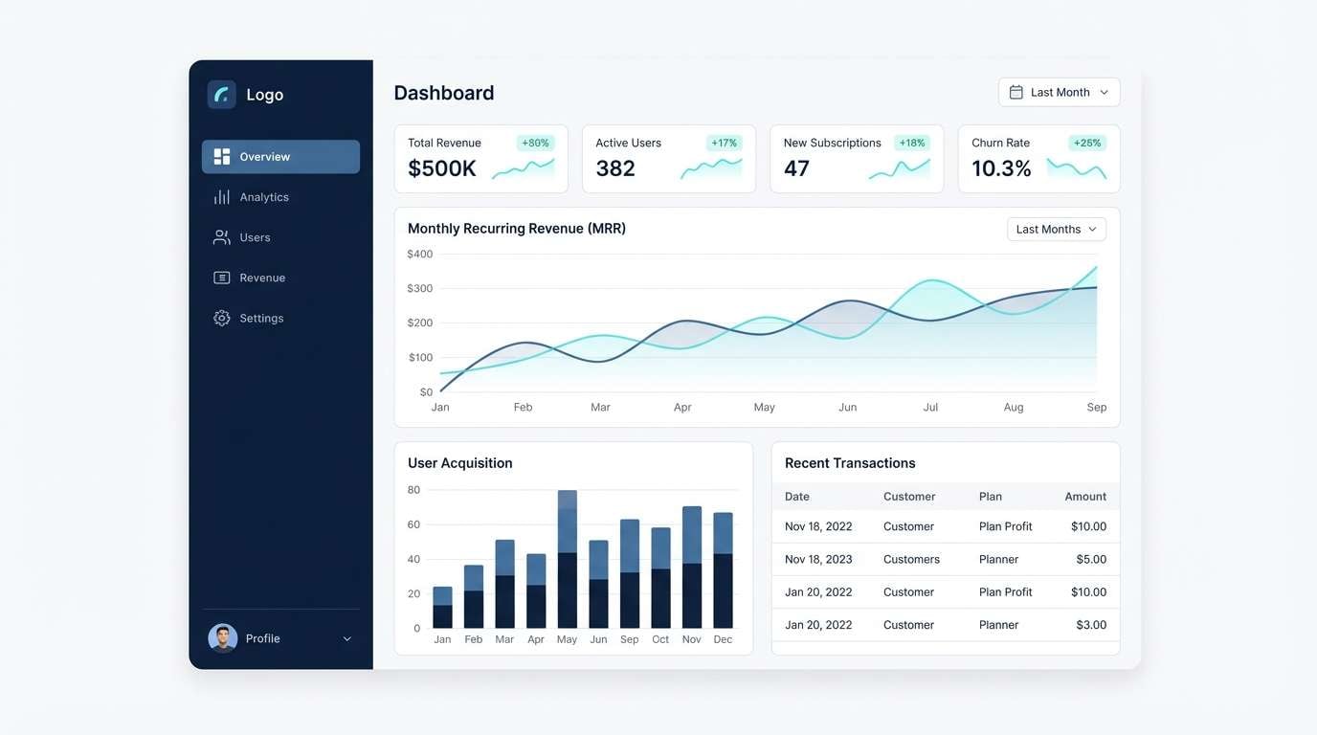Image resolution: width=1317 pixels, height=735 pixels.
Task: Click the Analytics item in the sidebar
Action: pyautogui.click(x=263, y=197)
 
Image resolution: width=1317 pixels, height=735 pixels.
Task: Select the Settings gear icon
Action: pyautogui.click(x=222, y=318)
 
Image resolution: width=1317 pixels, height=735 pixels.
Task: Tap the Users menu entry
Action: pyautogui.click(x=254, y=237)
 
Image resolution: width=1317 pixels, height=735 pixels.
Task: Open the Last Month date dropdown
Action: pyautogui.click(x=1059, y=92)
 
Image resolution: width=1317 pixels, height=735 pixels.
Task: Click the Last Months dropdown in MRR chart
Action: pyautogui.click(x=1056, y=230)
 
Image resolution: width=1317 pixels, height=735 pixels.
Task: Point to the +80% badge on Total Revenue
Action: pyautogui.click(x=535, y=143)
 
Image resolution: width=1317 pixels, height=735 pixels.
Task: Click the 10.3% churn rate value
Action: pyautogui.click(x=1001, y=168)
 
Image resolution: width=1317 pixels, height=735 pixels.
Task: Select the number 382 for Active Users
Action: pyautogui.click(x=615, y=168)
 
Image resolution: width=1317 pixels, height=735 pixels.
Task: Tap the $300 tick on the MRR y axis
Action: pyautogui.click(x=419, y=288)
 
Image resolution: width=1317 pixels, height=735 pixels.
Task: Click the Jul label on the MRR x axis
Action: pyautogui.click(x=930, y=407)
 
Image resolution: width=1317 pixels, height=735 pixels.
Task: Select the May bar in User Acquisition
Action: pyautogui.click(x=568, y=560)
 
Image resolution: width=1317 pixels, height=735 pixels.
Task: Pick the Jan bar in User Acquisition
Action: pyautogui.click(x=442, y=608)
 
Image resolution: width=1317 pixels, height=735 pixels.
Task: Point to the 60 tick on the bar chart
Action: pyautogui.click(x=413, y=524)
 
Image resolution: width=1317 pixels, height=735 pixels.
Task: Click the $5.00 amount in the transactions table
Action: pyautogui.click(x=1091, y=559)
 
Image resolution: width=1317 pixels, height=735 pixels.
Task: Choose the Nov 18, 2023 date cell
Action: pyautogui.click(x=818, y=559)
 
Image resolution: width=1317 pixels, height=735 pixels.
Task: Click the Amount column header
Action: pyautogui.click(x=1085, y=497)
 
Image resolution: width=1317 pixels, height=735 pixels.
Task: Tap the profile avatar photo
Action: pyautogui.click(x=223, y=638)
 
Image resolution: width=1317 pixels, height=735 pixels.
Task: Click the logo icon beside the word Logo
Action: pyautogui.click(x=222, y=95)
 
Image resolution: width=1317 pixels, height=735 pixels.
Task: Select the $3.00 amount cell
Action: pyautogui.click(x=1091, y=625)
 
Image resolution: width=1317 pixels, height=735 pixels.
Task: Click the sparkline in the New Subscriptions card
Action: pyautogui.click(x=900, y=169)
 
